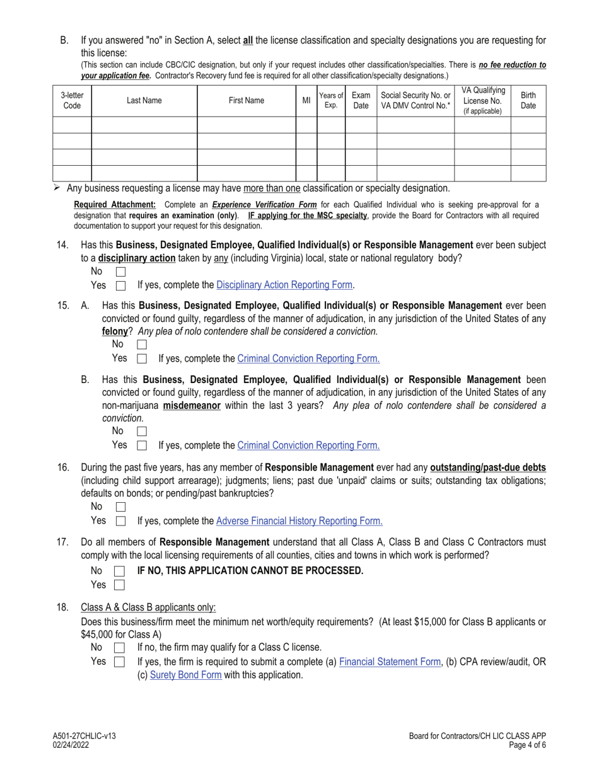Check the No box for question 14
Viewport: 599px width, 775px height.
point(120,272)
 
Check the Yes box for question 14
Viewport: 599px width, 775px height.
point(120,285)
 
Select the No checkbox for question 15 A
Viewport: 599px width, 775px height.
point(141,345)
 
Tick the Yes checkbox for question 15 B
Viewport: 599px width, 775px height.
point(141,445)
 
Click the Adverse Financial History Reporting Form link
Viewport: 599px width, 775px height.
point(299,521)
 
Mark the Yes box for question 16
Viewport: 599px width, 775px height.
point(120,522)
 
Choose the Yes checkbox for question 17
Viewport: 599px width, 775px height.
point(119,585)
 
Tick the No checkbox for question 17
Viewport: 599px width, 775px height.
point(119,571)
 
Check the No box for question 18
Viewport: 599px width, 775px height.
point(119,648)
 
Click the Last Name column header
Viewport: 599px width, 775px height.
point(144,101)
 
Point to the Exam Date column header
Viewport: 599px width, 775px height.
point(361,101)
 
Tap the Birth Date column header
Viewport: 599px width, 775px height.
point(528,101)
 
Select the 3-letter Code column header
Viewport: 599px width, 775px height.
point(73,101)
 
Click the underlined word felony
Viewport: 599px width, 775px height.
point(115,331)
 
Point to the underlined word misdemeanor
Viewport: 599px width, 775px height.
point(192,406)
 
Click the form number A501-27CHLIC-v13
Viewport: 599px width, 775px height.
point(84,736)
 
